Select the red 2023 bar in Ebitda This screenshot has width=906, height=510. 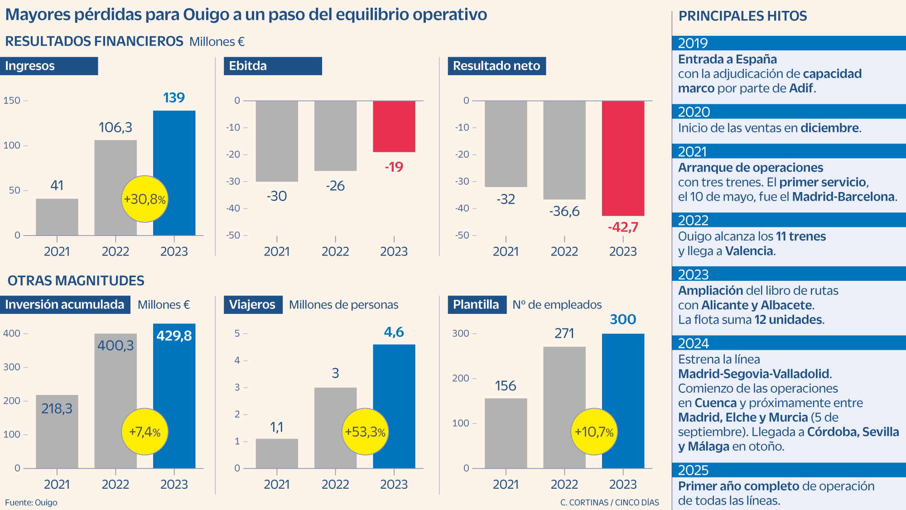(x=394, y=126)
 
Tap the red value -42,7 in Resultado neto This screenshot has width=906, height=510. (x=623, y=227)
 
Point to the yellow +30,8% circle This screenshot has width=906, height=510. (x=145, y=199)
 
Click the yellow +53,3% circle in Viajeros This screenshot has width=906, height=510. (x=365, y=432)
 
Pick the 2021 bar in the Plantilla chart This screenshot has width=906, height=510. (x=506, y=433)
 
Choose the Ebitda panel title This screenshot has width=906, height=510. (x=248, y=66)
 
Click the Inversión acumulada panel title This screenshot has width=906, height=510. (x=65, y=305)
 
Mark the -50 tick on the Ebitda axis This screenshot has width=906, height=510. (x=234, y=235)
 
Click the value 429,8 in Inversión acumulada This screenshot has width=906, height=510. (x=174, y=336)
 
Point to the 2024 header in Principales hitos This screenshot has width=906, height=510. (x=694, y=343)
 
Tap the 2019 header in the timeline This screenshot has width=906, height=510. (x=693, y=43)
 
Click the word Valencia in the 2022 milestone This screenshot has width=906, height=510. (x=750, y=251)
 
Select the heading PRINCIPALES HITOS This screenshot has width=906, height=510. (x=742, y=16)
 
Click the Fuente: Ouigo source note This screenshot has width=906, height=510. (x=31, y=502)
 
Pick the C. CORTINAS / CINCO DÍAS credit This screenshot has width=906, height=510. (x=609, y=502)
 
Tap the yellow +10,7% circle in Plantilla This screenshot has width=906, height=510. (x=594, y=432)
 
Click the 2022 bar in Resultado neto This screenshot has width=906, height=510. (x=564, y=149)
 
